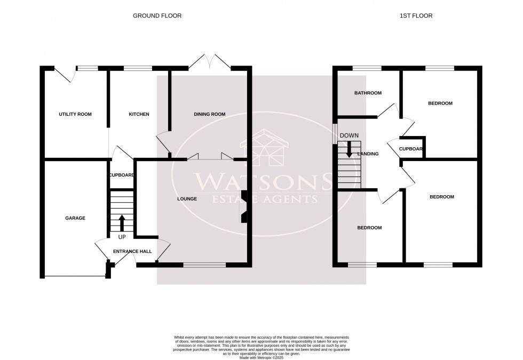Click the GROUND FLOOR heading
point(157,16)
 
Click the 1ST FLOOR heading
point(416,16)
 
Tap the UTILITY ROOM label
point(75,114)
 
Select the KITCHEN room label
point(139,114)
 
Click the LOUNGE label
point(187,199)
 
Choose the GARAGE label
point(75,218)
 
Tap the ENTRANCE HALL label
point(132,251)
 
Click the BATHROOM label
point(368,93)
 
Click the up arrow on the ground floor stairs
point(122,222)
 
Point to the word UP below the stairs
point(122,237)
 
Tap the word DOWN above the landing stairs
point(349,135)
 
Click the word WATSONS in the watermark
point(262,182)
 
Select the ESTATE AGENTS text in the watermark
point(262,199)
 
